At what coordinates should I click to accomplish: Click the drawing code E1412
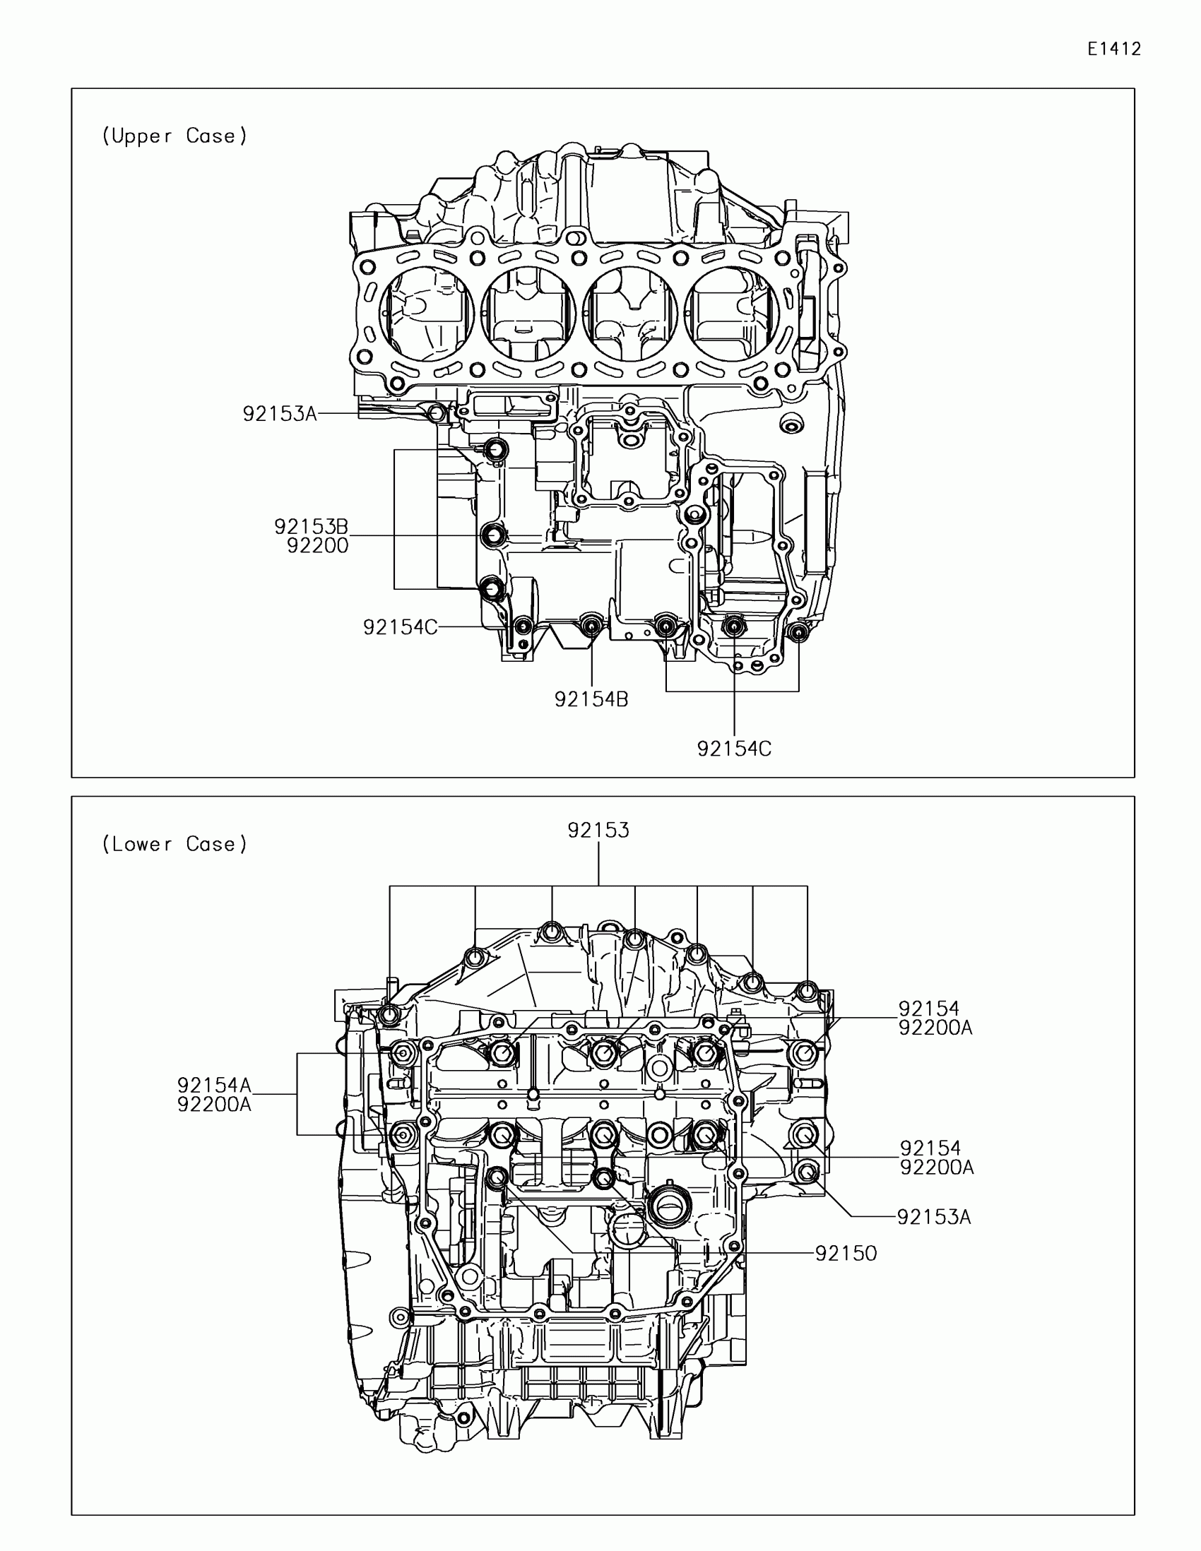[x=1113, y=49]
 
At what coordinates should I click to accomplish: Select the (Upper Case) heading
[x=174, y=136]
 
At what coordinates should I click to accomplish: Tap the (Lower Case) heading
[x=174, y=844]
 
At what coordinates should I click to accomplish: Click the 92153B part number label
[x=311, y=527]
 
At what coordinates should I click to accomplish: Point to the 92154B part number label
[x=591, y=699]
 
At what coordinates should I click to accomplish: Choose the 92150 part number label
[x=845, y=1254]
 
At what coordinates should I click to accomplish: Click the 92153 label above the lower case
[x=598, y=830]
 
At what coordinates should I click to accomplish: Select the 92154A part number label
[x=214, y=1085]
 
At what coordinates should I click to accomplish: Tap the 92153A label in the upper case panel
[x=279, y=414]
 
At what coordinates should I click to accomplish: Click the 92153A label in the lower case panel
[x=933, y=1217]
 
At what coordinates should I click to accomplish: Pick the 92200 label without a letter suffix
[x=317, y=545]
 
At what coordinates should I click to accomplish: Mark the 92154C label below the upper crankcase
[x=733, y=749]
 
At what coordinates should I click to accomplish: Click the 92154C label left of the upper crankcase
[x=400, y=627]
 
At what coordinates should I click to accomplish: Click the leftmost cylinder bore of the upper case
[x=426, y=312]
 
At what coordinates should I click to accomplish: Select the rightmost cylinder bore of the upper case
[x=732, y=312]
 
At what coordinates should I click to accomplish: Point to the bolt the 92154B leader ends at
[x=591, y=625]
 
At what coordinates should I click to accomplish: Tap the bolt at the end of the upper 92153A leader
[x=437, y=412]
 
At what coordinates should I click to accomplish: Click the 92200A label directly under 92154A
[x=214, y=1105]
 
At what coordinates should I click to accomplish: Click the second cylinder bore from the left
[x=528, y=312]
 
